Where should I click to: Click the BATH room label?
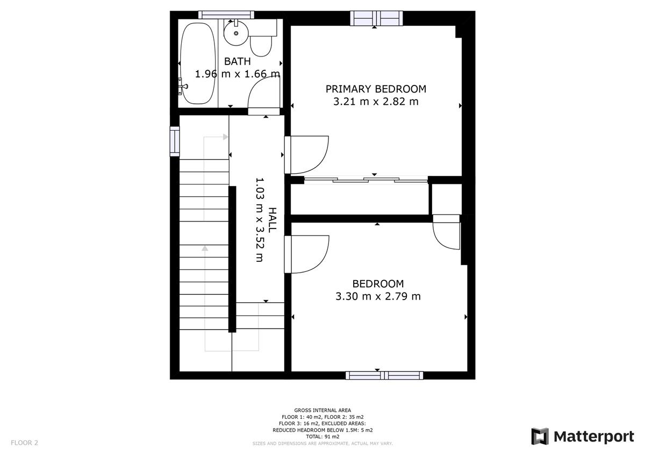pyautogui.click(x=237, y=61)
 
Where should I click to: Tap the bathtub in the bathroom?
pyautogui.click(x=198, y=63)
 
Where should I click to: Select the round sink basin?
pyautogui.click(x=236, y=33)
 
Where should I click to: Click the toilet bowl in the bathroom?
pyautogui.click(x=261, y=46)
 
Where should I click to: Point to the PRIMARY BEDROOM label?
pyautogui.click(x=376, y=89)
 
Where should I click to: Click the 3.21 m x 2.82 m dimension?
pyautogui.click(x=376, y=102)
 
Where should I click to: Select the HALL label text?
pyautogui.click(x=272, y=220)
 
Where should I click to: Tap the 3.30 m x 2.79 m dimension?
pyautogui.click(x=378, y=296)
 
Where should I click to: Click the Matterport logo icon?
pyautogui.click(x=540, y=437)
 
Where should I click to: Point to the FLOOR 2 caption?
pyautogui.click(x=25, y=443)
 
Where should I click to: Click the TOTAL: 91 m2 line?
pyautogui.click(x=322, y=437)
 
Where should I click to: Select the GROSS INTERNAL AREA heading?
pyautogui.click(x=322, y=410)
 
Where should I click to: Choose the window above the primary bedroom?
pyautogui.click(x=376, y=18)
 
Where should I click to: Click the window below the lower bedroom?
pyautogui.click(x=384, y=375)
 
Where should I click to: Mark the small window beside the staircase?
pyautogui.click(x=175, y=141)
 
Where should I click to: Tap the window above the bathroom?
pyautogui.click(x=226, y=15)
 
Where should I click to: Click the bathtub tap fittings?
pyautogui.click(x=183, y=86)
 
